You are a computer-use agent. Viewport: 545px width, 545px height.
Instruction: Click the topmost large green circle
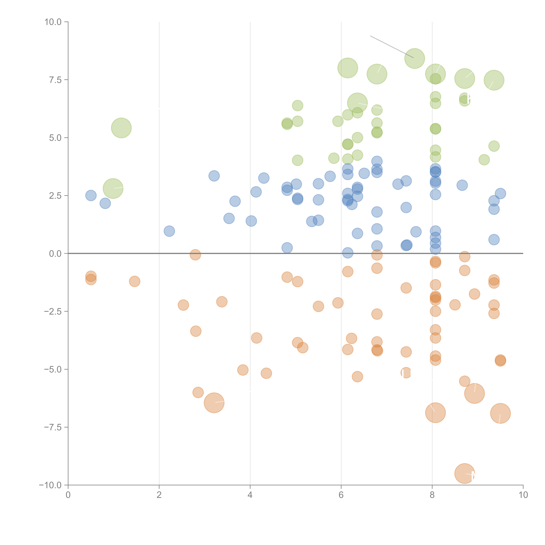(x=414, y=58)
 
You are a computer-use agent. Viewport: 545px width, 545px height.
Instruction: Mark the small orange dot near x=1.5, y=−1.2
(x=135, y=281)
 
